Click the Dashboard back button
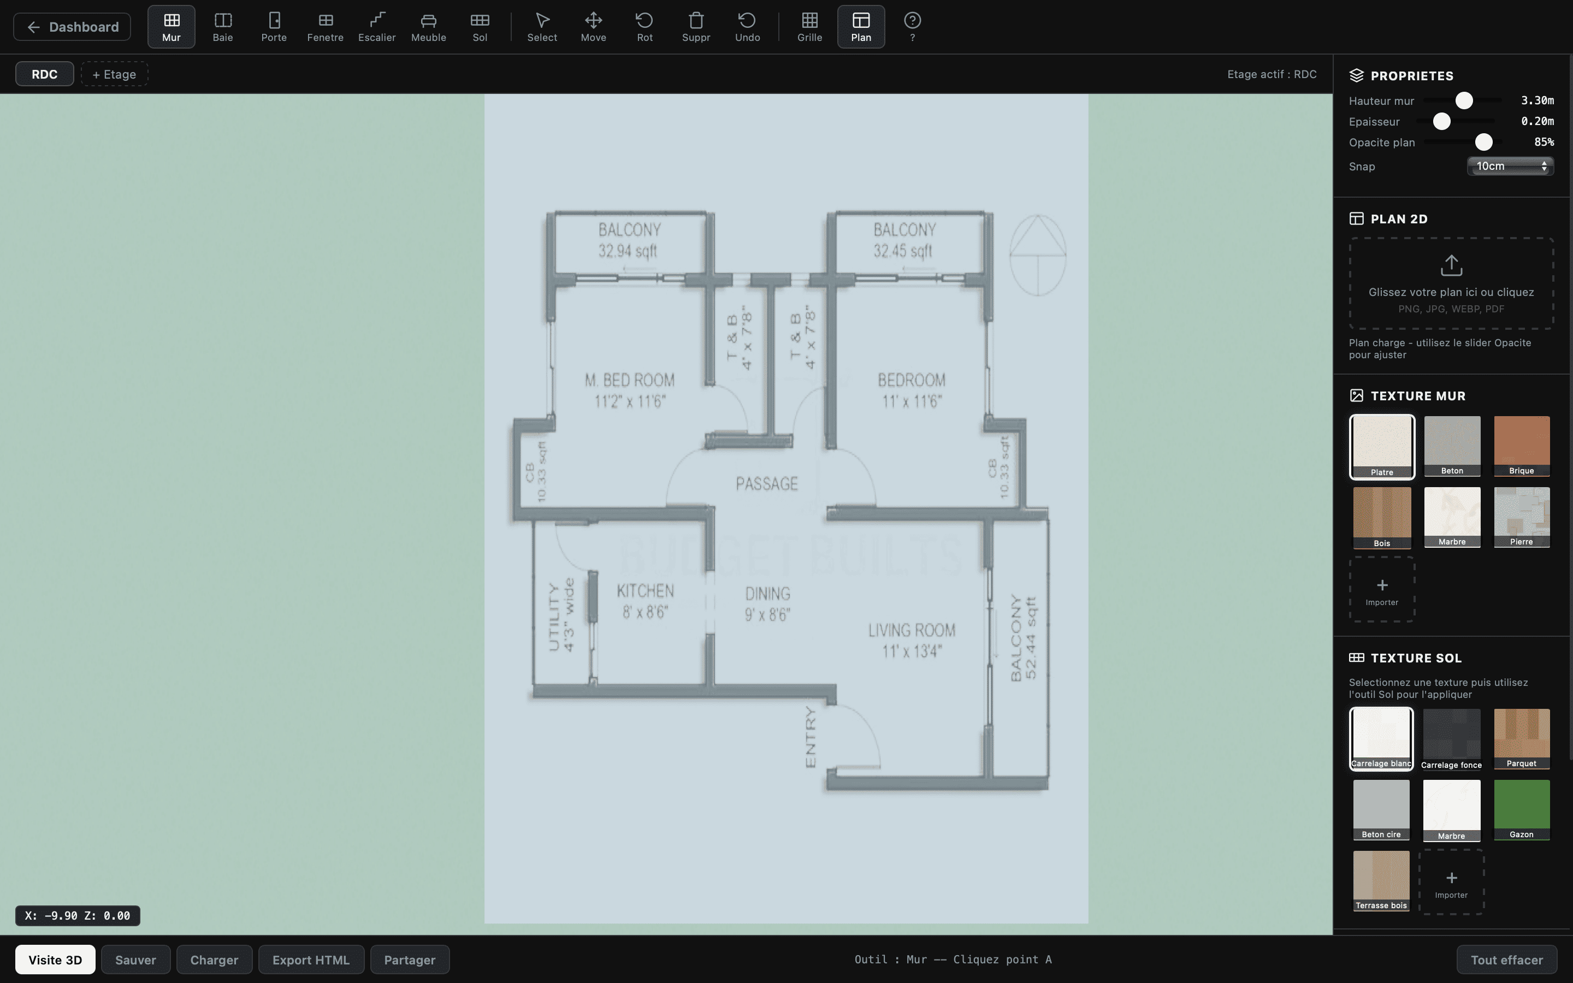pyautogui.click(x=72, y=27)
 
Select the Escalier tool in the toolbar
pyautogui.click(x=376, y=27)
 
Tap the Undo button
pyautogui.click(x=747, y=27)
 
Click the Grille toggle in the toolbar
pyautogui.click(x=809, y=27)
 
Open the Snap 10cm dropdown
pyautogui.click(x=1510, y=167)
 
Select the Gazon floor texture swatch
pyautogui.click(x=1521, y=809)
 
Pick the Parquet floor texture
pyautogui.click(x=1521, y=738)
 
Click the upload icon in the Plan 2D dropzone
pyautogui.click(x=1451, y=265)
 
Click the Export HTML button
pyautogui.click(x=311, y=960)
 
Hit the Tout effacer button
pyautogui.click(x=1506, y=960)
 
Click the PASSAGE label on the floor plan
pyautogui.click(x=766, y=484)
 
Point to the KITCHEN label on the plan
pyautogui.click(x=645, y=591)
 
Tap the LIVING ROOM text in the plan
pyautogui.click(x=911, y=630)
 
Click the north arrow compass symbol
pyautogui.click(x=1037, y=255)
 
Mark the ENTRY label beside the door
pyautogui.click(x=810, y=737)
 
